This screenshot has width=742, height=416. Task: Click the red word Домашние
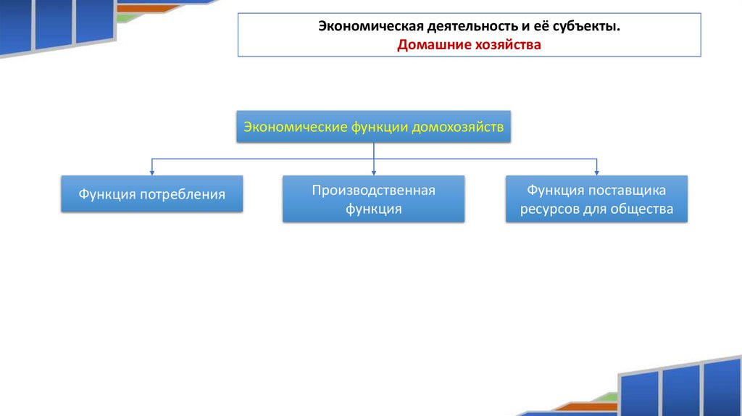point(434,45)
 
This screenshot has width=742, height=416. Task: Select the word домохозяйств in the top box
point(457,127)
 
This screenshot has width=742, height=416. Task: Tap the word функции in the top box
point(380,127)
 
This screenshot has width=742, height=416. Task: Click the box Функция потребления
point(151,194)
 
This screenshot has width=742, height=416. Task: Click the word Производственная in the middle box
point(373,190)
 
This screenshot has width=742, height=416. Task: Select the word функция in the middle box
point(373,209)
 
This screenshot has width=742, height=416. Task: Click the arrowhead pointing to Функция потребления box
point(151,172)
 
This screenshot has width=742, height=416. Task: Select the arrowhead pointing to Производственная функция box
point(373,172)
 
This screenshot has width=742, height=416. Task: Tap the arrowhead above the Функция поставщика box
point(596,172)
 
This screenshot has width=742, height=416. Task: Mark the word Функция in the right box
point(555,190)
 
